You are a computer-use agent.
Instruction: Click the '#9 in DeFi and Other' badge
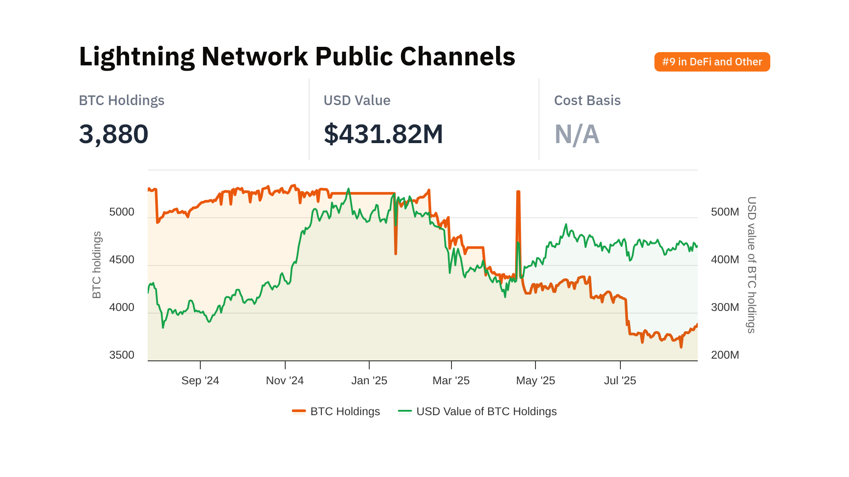712,62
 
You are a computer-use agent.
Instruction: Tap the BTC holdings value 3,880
114,134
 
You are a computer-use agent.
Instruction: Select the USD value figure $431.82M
383,134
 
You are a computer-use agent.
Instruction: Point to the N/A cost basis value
577,134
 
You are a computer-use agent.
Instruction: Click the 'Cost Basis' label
587,101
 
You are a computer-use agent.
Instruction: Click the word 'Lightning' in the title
137,57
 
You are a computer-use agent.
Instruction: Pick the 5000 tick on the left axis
122,212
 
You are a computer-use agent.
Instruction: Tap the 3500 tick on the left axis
122,355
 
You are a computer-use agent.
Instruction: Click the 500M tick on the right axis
725,212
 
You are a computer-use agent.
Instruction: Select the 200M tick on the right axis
725,355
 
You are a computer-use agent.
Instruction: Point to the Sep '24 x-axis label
200,381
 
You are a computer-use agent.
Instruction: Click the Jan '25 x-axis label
369,381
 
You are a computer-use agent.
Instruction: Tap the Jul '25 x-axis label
620,381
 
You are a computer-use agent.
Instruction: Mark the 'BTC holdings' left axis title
97,265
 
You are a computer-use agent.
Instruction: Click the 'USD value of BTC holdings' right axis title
751,265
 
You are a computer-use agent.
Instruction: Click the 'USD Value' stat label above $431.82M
357,101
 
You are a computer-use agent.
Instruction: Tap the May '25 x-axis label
535,381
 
